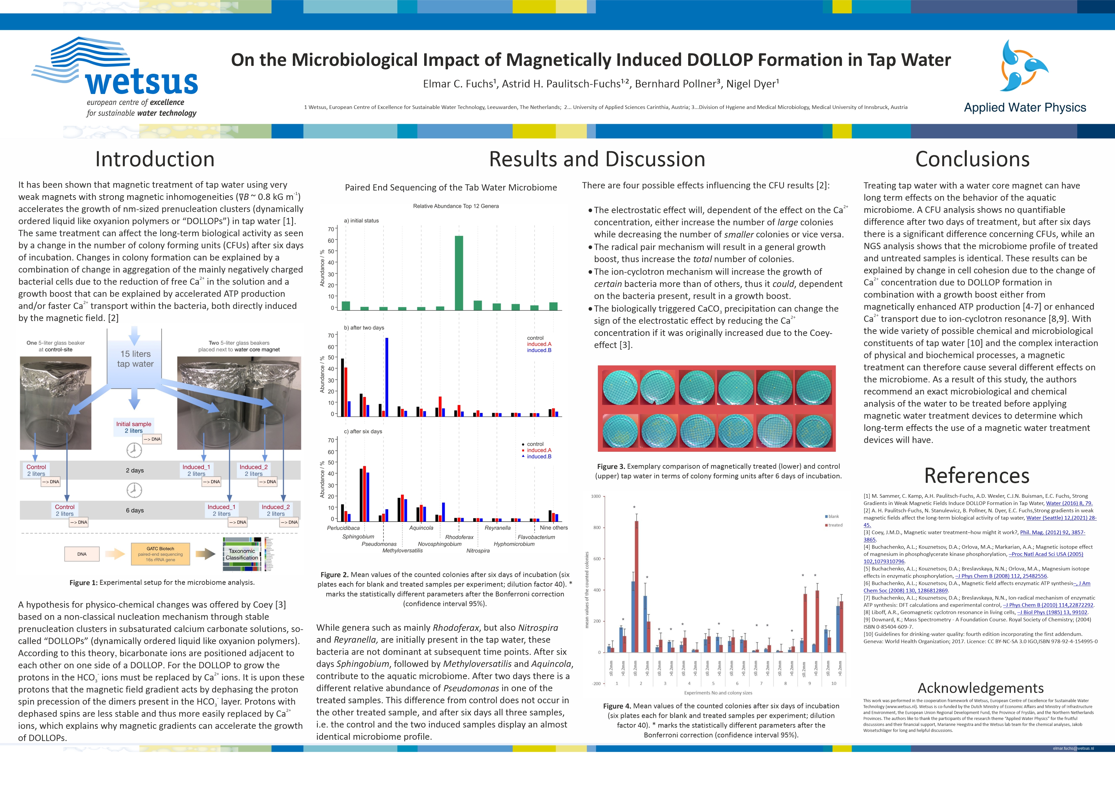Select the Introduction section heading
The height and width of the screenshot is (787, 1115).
155,159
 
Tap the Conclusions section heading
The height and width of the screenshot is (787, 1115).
972,159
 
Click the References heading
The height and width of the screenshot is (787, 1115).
976,476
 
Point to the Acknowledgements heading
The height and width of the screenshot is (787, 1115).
980,688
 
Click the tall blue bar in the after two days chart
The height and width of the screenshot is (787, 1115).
386,377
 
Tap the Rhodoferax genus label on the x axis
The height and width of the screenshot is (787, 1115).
459,537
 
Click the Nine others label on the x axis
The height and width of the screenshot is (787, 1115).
553,528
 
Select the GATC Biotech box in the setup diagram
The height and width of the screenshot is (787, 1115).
160,554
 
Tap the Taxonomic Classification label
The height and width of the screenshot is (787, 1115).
242,554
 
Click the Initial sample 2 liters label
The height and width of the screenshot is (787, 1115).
134,427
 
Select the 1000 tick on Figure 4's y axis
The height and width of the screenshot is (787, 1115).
596,496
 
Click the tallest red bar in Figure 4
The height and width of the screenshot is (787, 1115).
636,586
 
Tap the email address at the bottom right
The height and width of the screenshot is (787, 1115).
1073,749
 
